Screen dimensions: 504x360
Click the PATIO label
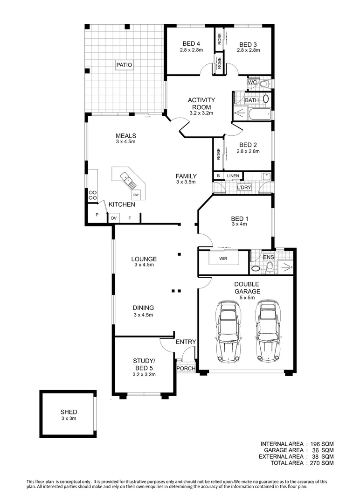(x=125, y=65)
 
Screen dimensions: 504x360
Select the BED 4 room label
(x=191, y=44)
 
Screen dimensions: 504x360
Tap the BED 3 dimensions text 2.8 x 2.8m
(x=248, y=50)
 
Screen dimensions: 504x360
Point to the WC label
(x=252, y=83)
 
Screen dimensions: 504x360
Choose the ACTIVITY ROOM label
(x=201, y=103)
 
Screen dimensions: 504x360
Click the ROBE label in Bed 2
(x=218, y=154)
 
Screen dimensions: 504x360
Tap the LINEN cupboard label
(x=233, y=176)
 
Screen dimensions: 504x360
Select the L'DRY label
(x=244, y=187)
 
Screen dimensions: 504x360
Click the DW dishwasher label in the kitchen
(x=136, y=195)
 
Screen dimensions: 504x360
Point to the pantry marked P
(x=97, y=215)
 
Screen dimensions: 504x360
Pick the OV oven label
(x=113, y=218)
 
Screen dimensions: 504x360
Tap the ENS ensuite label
(x=268, y=257)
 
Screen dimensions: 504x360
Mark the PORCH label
(x=186, y=368)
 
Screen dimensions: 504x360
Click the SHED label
(x=69, y=412)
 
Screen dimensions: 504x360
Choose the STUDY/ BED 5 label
(x=144, y=364)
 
